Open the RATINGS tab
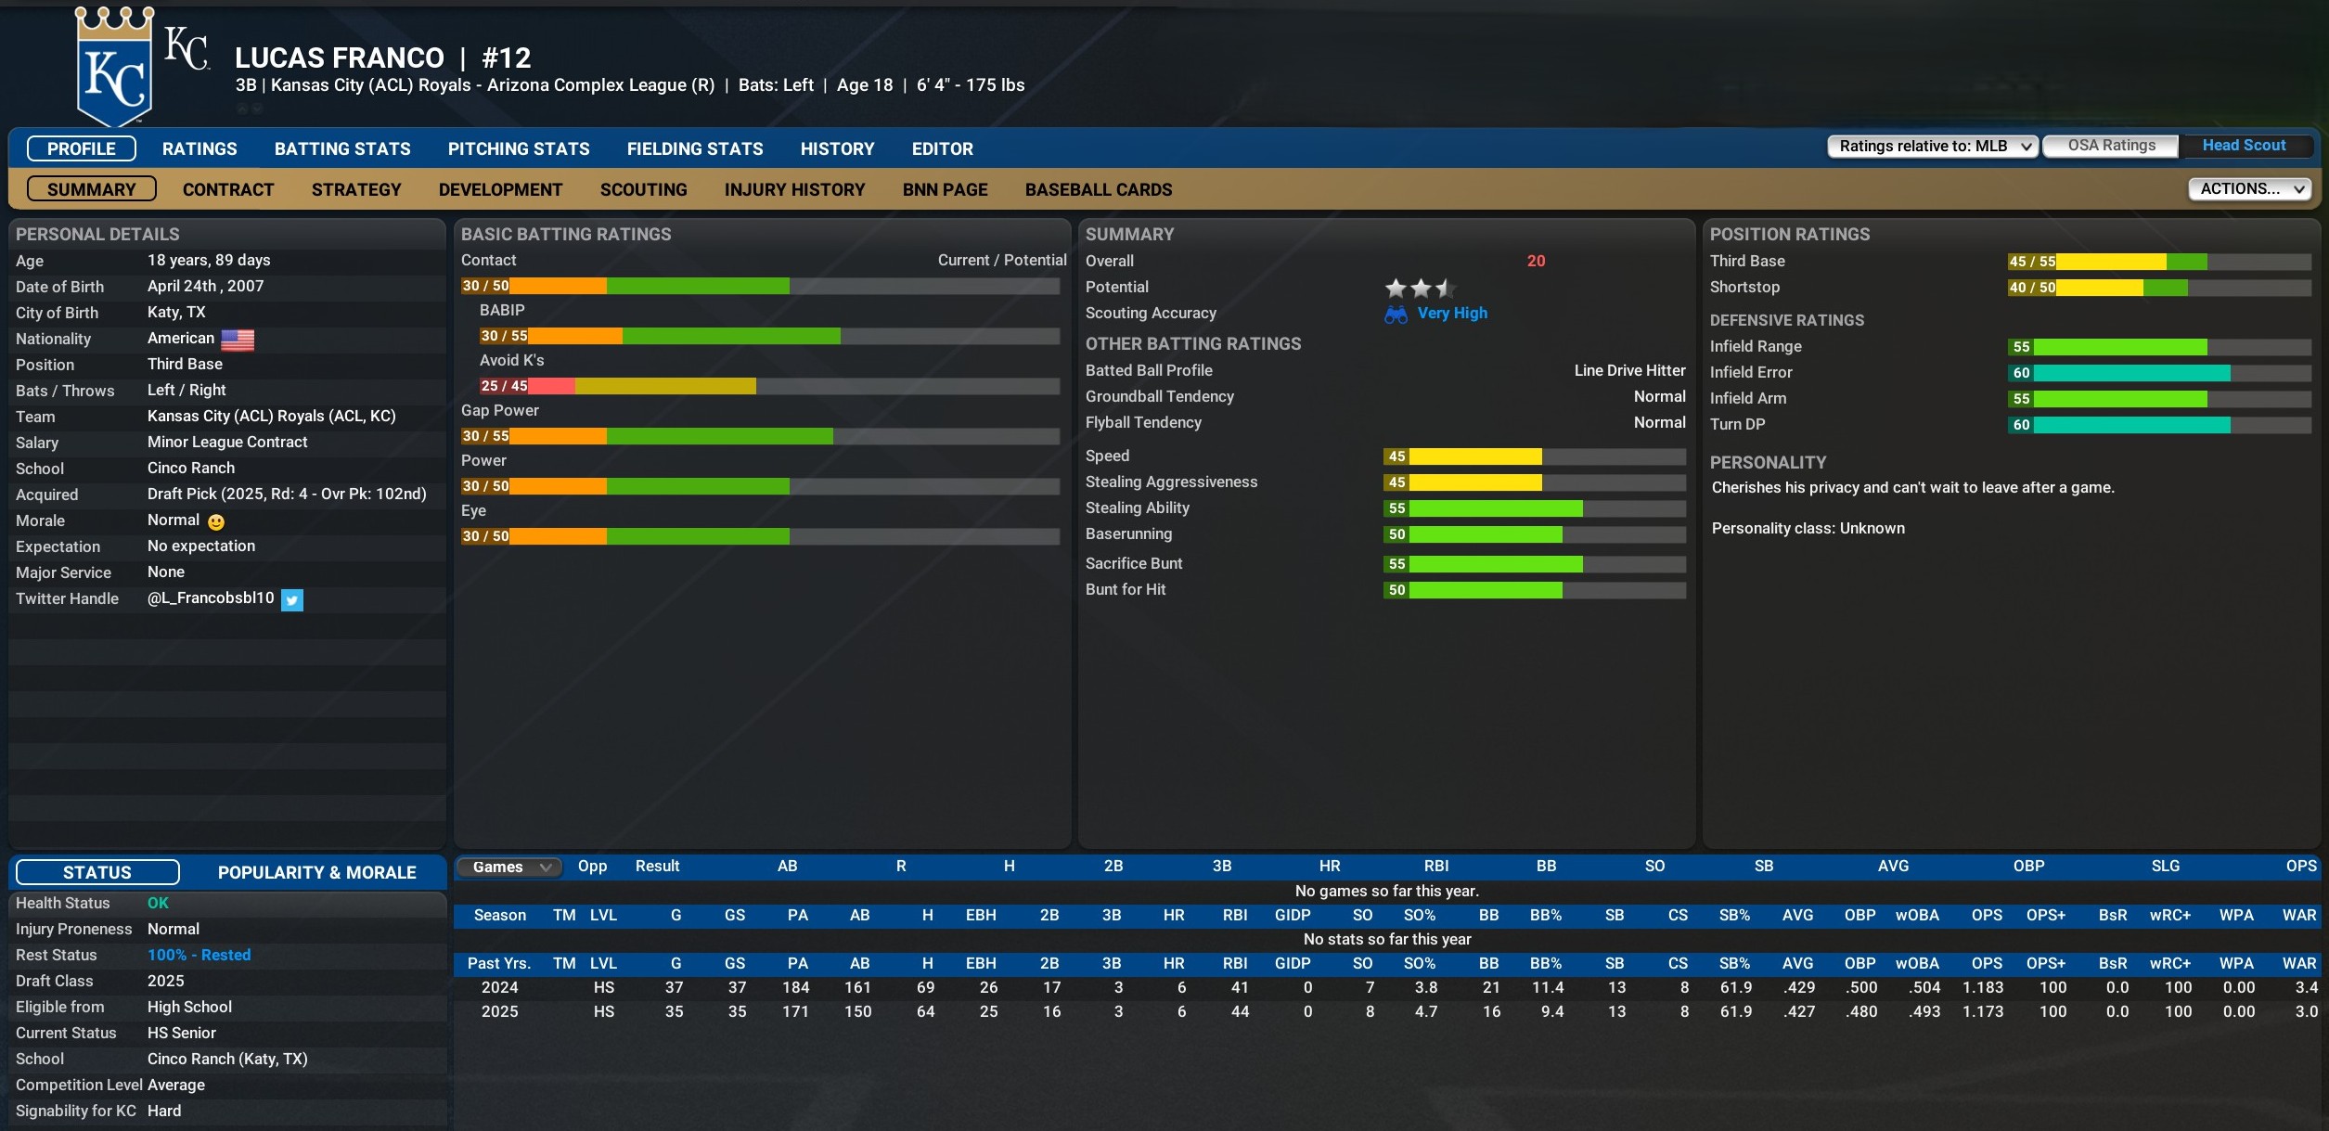pos(199,148)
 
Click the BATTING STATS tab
pos(342,148)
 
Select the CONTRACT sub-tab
pos(228,189)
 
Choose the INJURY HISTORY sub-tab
pos(794,189)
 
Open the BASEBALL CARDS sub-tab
pos(1099,189)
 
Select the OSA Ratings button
pos(2111,146)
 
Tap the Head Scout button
pos(2244,146)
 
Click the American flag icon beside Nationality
pos(238,341)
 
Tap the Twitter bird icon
pos(292,600)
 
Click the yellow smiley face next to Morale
pos(216,522)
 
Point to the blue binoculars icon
pos(1396,315)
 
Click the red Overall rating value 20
pos(1536,262)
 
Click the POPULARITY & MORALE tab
pos(316,872)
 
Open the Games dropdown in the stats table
pos(509,867)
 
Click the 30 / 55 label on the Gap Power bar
pos(485,436)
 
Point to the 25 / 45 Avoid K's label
pos(504,386)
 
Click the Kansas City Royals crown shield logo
pos(114,67)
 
